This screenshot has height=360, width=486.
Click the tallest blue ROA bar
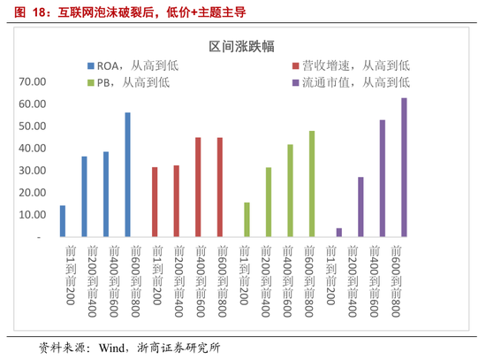(x=127, y=175)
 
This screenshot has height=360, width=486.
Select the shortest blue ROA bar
(x=63, y=221)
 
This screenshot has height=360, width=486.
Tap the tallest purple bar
(x=405, y=167)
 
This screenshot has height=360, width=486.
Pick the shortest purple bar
(x=338, y=233)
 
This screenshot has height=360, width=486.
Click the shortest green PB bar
(x=247, y=219)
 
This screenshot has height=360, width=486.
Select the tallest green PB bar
(x=311, y=184)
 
